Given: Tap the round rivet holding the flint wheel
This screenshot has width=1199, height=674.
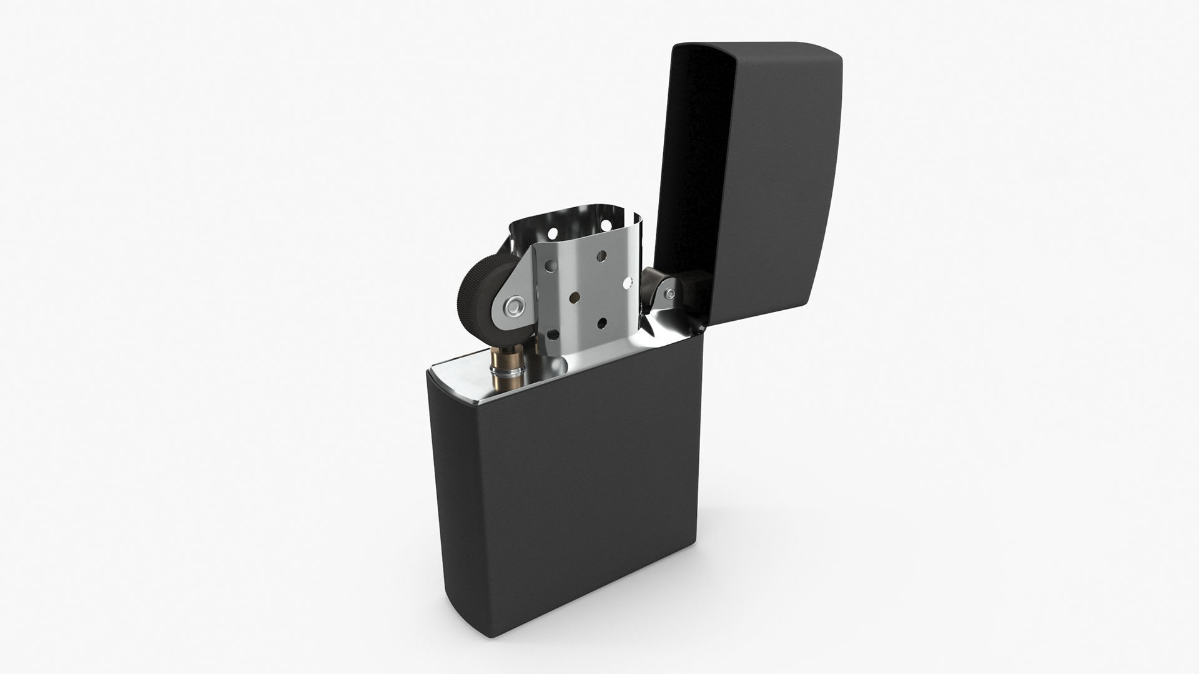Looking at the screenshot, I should [515, 306].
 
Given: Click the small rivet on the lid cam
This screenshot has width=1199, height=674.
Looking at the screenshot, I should [670, 294].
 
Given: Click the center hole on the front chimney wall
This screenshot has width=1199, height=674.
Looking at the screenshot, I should [575, 297].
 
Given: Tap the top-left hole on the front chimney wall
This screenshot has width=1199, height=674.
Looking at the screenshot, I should [551, 266].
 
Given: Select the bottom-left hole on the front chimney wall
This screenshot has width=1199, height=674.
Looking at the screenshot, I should [553, 335].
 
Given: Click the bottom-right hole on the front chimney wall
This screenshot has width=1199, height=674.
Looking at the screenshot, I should [602, 323].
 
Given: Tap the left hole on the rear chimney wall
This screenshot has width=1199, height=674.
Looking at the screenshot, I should [553, 233].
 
